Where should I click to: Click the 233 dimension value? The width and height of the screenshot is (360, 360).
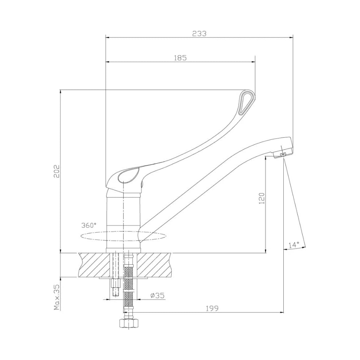[199, 33]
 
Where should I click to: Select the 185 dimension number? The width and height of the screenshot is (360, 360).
[180, 58]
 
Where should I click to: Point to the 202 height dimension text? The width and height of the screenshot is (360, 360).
[57, 171]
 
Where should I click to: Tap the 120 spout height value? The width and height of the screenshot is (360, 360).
[262, 198]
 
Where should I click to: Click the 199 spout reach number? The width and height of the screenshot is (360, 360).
[212, 309]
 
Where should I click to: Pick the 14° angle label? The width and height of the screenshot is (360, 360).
[294, 245]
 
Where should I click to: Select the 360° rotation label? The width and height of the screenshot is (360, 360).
[89, 225]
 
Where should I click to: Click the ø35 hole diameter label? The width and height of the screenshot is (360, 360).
[158, 295]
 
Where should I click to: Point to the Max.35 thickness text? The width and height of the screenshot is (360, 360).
[57, 297]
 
